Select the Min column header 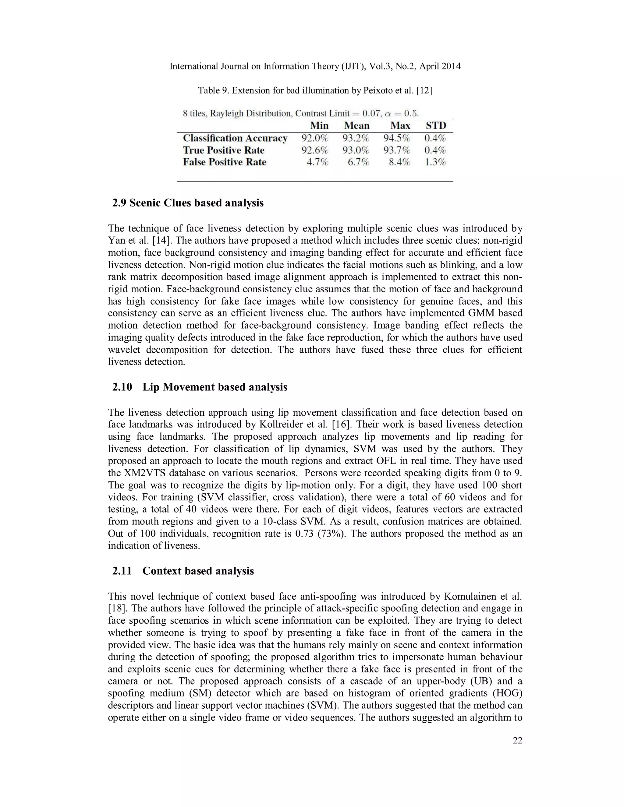click(x=319, y=126)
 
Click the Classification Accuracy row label click(x=235, y=138)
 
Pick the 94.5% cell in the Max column click(x=397, y=138)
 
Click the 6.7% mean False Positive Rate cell click(x=358, y=162)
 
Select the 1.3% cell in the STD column click(x=435, y=162)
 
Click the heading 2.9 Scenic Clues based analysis click(x=188, y=203)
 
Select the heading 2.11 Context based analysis click(x=183, y=571)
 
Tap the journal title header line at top click(x=315, y=66)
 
